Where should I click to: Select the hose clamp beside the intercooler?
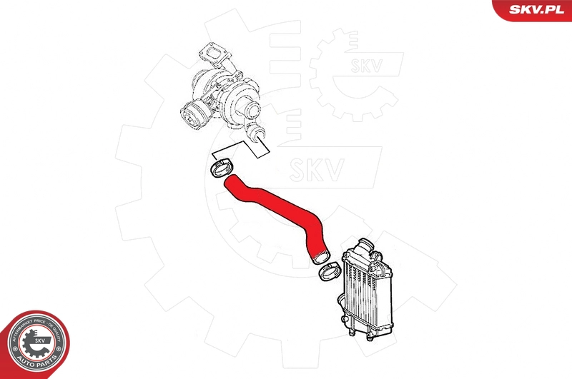coord(329,272)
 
